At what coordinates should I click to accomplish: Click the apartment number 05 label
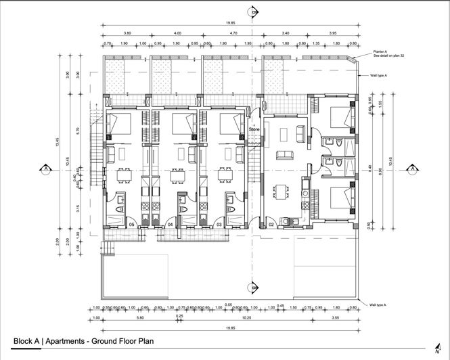[132, 224]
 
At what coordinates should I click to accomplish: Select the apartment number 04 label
[171, 224]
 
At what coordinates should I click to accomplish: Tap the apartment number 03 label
[219, 224]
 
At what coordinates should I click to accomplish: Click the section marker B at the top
[253, 12]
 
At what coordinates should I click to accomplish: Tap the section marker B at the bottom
[253, 287]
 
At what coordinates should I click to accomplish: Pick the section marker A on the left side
[45, 168]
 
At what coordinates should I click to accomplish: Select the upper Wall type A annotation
[378, 76]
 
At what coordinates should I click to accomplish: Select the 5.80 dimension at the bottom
[139, 318]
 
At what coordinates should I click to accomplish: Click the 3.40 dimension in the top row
[286, 33]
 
